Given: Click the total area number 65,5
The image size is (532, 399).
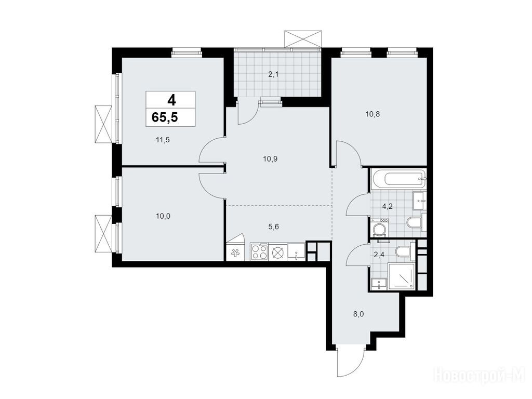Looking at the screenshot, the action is [x=165, y=117].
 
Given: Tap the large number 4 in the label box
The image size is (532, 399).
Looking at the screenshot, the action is [x=171, y=100].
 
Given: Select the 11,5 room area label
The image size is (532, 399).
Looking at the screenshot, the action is [x=163, y=139].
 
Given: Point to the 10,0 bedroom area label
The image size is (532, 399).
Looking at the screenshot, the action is [x=163, y=216].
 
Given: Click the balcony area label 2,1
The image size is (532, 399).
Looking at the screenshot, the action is [x=273, y=74].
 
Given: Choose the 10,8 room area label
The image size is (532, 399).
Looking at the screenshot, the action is [x=373, y=114].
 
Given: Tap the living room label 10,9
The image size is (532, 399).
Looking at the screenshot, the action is [x=270, y=158].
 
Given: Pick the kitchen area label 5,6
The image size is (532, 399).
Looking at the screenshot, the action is [x=273, y=227].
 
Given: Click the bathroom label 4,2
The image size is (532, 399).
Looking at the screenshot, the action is [x=387, y=206].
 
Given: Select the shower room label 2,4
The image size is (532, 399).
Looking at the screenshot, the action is [x=379, y=255].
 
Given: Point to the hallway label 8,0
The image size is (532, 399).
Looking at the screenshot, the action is [x=358, y=314].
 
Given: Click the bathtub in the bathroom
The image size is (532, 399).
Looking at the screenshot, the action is [x=398, y=179].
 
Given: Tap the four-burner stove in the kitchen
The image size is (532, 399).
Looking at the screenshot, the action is [x=259, y=252].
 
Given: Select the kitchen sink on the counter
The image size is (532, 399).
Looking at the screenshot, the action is [x=296, y=252].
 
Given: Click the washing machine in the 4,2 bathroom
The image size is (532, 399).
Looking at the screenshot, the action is [x=380, y=229].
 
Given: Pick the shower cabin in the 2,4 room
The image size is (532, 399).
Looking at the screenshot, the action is [x=402, y=276].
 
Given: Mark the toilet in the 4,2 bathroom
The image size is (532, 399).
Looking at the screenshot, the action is [x=414, y=223].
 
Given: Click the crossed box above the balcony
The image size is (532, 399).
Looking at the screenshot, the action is [x=303, y=38].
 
